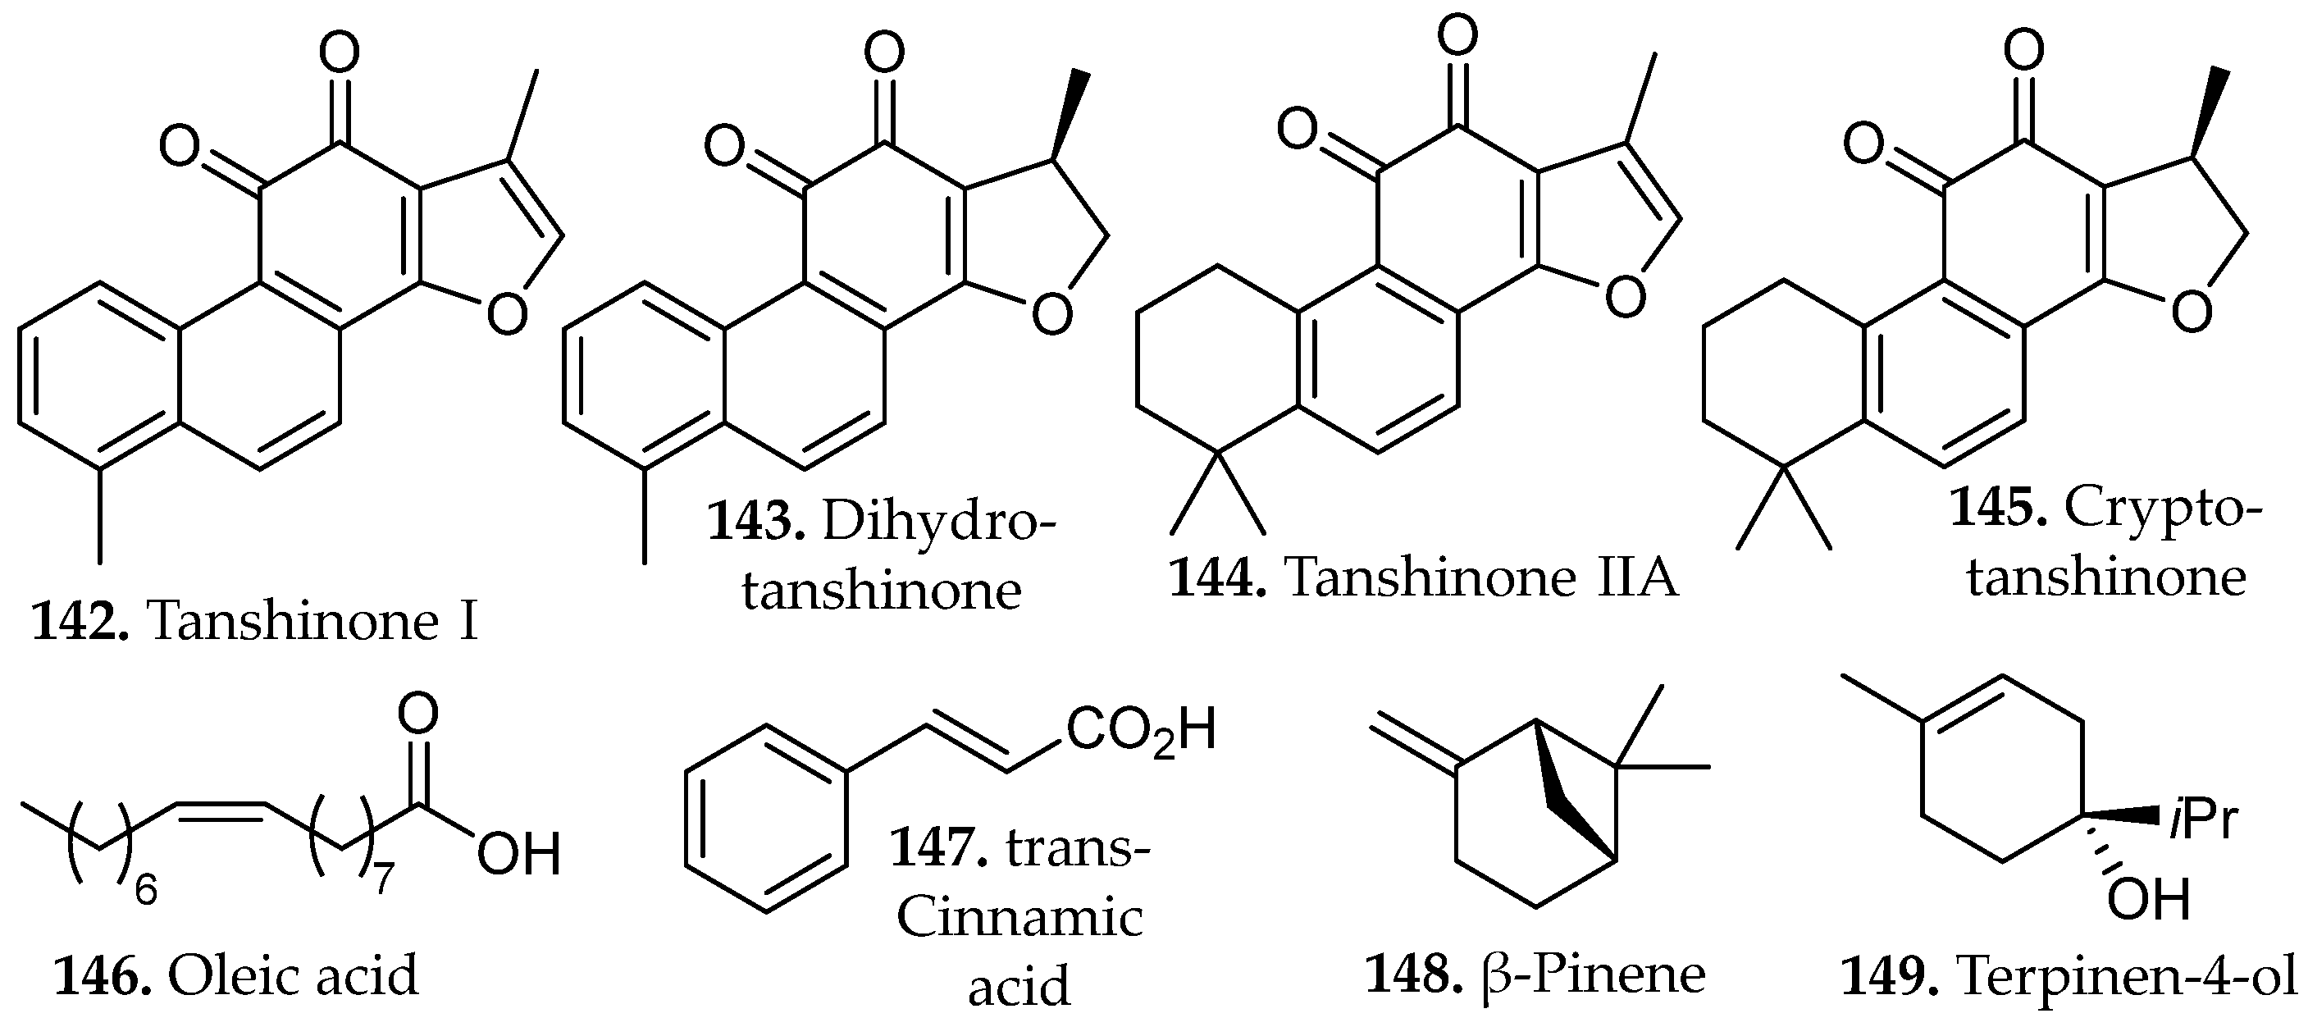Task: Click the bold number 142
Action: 80,621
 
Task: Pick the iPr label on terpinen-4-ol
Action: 2202,821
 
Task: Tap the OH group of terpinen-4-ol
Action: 2149,899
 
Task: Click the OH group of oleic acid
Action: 518,854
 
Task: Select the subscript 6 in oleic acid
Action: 146,891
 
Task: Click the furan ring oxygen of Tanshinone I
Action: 507,317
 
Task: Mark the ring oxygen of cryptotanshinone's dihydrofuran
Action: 2192,314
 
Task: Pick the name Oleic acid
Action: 293,976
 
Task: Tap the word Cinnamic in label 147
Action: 1019,919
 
